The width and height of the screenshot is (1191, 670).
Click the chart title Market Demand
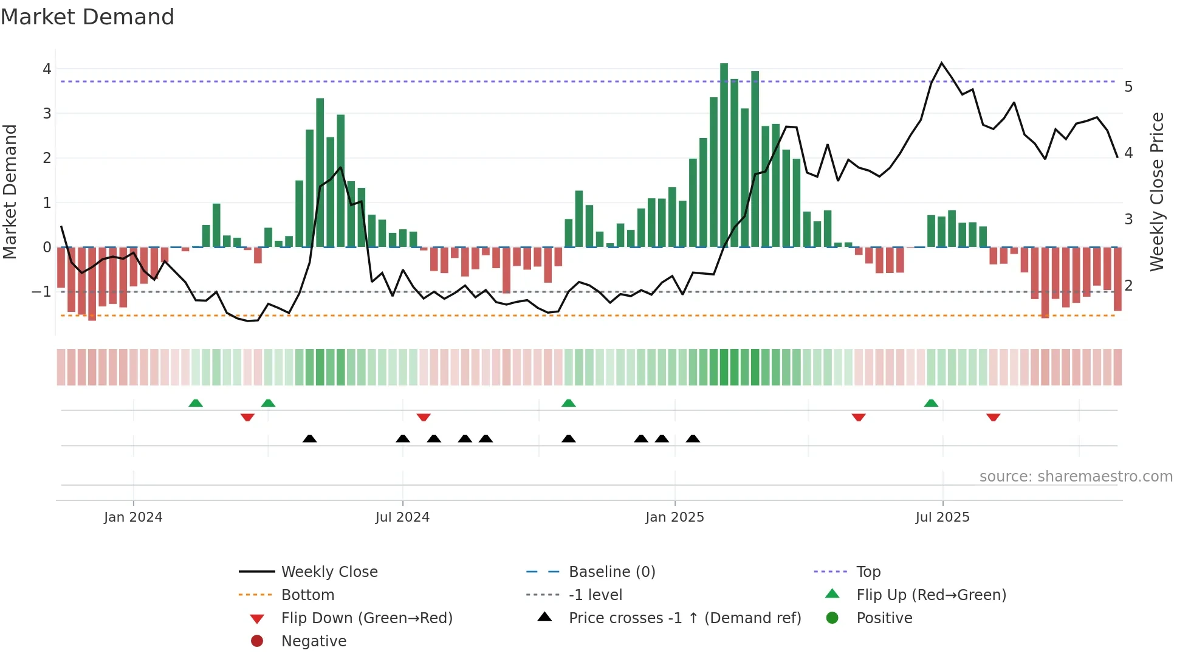pos(88,17)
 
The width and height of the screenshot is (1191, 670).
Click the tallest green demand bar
pos(724,155)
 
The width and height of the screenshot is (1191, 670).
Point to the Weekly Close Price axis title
pos(1157,192)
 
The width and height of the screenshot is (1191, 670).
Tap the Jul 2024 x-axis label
pos(402,517)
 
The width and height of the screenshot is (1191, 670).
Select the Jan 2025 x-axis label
pos(674,517)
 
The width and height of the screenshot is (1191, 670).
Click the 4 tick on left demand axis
pos(47,69)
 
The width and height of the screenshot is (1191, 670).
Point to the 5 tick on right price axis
pos(1128,87)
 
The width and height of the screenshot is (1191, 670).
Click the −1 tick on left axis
pos(42,292)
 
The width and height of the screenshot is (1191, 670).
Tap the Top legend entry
pos(868,572)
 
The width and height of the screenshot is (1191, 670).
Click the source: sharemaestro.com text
pos(1076,477)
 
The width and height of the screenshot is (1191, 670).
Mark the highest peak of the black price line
pos(942,63)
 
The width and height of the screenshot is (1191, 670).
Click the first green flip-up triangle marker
pos(196,403)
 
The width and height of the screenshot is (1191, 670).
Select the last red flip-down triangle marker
pos(994,417)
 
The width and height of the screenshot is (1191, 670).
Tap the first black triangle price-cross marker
pos(310,438)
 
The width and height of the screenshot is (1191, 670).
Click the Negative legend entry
pos(314,641)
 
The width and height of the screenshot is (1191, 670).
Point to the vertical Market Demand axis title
pos(10,192)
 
